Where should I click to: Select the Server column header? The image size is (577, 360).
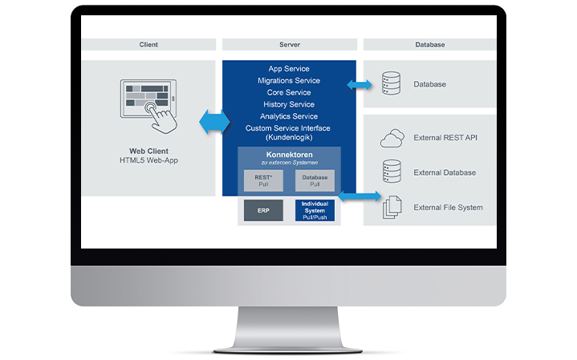coord(289,45)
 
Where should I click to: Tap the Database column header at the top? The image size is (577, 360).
coord(430,45)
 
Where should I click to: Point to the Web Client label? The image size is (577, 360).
coord(149,151)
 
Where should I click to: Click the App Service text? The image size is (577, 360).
coord(289,69)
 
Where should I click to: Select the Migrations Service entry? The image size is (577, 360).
coord(289,81)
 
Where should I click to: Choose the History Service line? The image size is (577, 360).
coord(289,104)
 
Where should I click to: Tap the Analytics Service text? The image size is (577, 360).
coord(289,116)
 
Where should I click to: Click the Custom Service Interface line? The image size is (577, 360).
coord(289,128)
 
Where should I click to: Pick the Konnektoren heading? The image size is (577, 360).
coord(289,154)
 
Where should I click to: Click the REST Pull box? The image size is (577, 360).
coord(263,181)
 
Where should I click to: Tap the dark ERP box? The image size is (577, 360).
coord(263,210)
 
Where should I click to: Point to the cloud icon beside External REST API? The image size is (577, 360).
coord(392,138)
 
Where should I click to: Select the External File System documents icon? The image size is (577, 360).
coord(392,208)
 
